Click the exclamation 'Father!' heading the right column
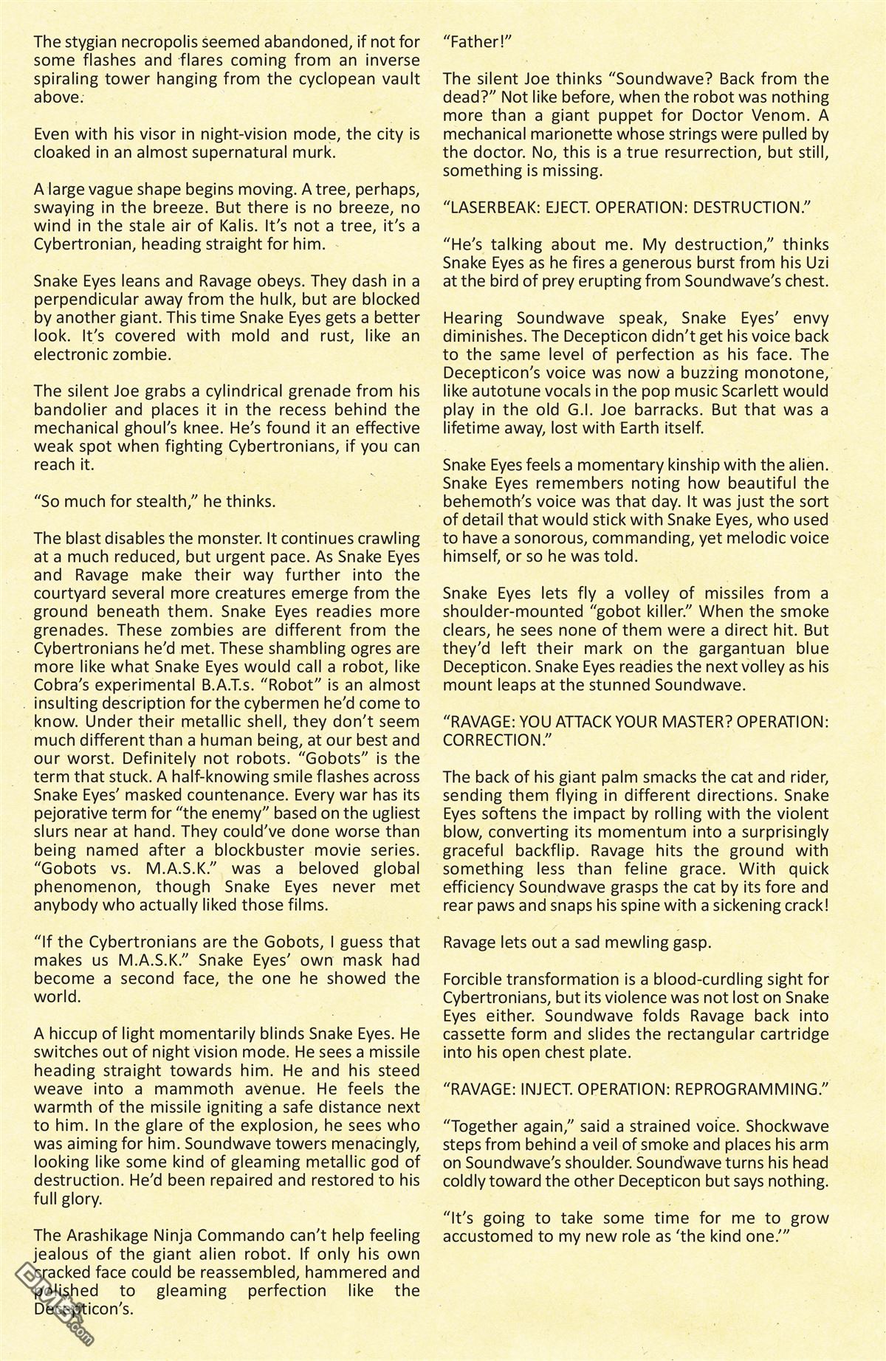point(477,42)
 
